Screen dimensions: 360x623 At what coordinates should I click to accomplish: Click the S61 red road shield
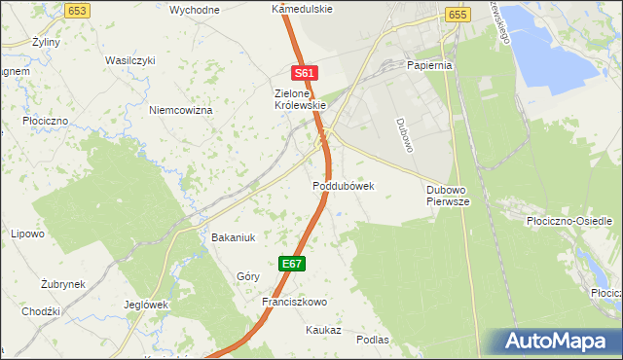point(305,73)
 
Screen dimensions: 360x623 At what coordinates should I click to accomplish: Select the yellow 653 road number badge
point(79,9)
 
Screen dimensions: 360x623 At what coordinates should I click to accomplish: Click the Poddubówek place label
point(344,185)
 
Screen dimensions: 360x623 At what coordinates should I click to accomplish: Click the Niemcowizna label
point(180,110)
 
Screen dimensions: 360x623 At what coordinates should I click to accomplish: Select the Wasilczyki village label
point(129,60)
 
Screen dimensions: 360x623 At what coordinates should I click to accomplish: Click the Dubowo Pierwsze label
point(449,196)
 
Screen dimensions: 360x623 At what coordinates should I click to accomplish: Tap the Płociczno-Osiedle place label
point(568,221)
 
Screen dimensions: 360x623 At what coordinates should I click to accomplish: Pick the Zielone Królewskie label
point(292,100)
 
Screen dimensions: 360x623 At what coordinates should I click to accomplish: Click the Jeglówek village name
point(147,304)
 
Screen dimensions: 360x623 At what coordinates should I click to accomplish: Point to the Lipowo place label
point(27,234)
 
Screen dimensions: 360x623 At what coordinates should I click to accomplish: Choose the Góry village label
point(248,276)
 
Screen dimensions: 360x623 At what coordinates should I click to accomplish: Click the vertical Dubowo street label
point(405,133)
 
